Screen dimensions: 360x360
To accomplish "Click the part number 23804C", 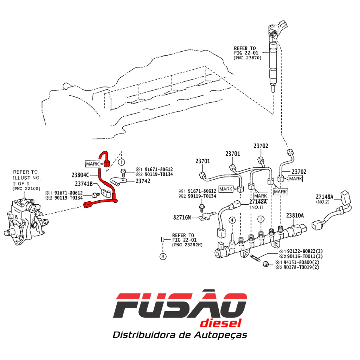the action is [x=81, y=175].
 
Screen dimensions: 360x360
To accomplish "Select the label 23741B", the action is [x=84, y=184].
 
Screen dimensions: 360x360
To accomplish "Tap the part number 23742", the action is [x=143, y=181].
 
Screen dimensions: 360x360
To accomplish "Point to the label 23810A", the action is [x=295, y=216].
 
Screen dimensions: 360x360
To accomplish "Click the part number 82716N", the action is [x=182, y=217].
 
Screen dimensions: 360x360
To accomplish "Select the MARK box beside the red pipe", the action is [x=92, y=164].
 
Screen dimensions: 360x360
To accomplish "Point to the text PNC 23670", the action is [x=247, y=58].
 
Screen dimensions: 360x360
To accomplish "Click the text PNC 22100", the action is [x=26, y=189].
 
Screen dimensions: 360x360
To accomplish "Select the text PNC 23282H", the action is [x=187, y=245].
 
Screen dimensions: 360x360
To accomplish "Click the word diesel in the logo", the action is [x=221, y=323].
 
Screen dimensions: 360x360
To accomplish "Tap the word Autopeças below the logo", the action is [x=220, y=335].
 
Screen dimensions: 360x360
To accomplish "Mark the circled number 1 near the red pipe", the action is [x=121, y=162].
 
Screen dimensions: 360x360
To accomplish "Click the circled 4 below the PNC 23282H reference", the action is [x=163, y=256].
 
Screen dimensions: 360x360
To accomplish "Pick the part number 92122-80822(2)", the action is [x=305, y=251].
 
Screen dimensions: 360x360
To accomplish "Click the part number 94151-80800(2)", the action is [x=301, y=262].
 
